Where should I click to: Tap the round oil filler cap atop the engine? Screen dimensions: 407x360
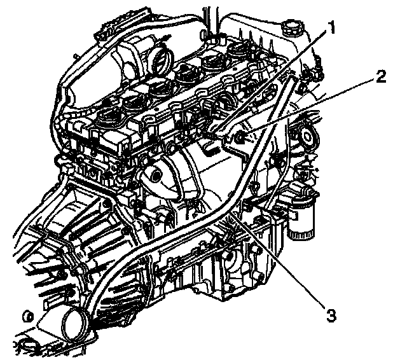293,29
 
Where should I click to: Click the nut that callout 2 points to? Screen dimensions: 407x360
241,138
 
